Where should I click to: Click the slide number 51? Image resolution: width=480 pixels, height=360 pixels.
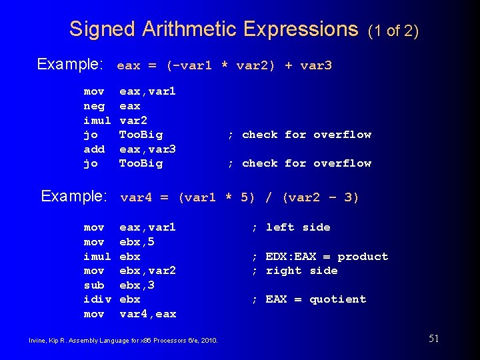[433, 339]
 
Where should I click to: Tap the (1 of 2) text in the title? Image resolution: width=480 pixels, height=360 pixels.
[393, 31]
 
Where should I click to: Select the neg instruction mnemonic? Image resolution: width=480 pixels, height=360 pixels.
[94, 105]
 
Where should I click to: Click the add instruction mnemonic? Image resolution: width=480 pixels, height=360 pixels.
[94, 149]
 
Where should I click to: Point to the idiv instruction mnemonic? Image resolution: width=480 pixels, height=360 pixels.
[97, 299]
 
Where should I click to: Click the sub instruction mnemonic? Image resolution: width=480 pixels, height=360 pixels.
[94, 285]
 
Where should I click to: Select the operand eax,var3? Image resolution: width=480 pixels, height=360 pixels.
[147, 149]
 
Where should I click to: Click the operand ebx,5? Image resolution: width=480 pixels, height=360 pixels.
[137, 241]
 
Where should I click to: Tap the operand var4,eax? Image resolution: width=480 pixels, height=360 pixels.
[147, 313]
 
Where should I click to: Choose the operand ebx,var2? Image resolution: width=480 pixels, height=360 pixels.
[147, 271]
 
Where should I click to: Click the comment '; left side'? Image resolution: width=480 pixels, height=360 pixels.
[291, 227]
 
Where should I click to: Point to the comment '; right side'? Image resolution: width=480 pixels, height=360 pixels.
[294, 271]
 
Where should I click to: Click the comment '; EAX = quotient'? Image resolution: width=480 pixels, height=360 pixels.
[309, 299]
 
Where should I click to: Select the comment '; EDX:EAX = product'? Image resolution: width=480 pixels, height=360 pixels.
[319, 257]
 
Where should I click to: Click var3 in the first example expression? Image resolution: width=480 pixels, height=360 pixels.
[316, 65]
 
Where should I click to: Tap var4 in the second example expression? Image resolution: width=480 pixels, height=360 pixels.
[135, 197]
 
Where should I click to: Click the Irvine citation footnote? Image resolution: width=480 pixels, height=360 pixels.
[123, 340]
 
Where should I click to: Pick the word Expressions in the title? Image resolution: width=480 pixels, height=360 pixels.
[301, 29]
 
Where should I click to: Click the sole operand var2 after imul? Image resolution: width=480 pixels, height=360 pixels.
[133, 120]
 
